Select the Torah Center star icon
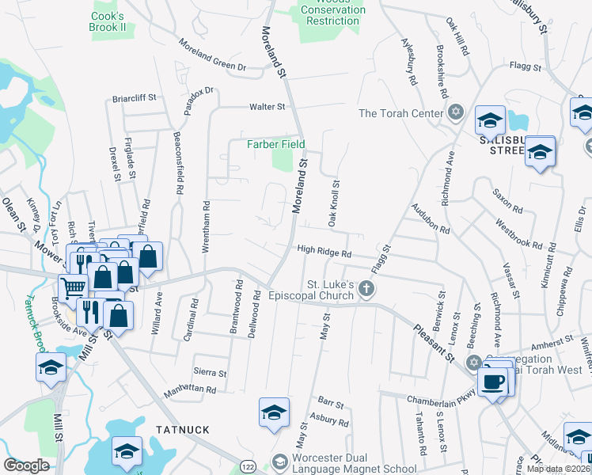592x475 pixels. click(455, 112)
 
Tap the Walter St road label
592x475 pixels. click(267, 106)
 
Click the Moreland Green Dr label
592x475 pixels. click(212, 55)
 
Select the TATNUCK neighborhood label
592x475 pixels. click(183, 430)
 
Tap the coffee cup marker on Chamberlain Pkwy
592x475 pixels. click(493, 382)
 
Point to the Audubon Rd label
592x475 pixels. click(431, 219)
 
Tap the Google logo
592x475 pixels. click(26, 465)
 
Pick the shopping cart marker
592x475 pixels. click(73, 287)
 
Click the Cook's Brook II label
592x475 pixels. click(108, 21)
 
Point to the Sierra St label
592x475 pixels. click(210, 372)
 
